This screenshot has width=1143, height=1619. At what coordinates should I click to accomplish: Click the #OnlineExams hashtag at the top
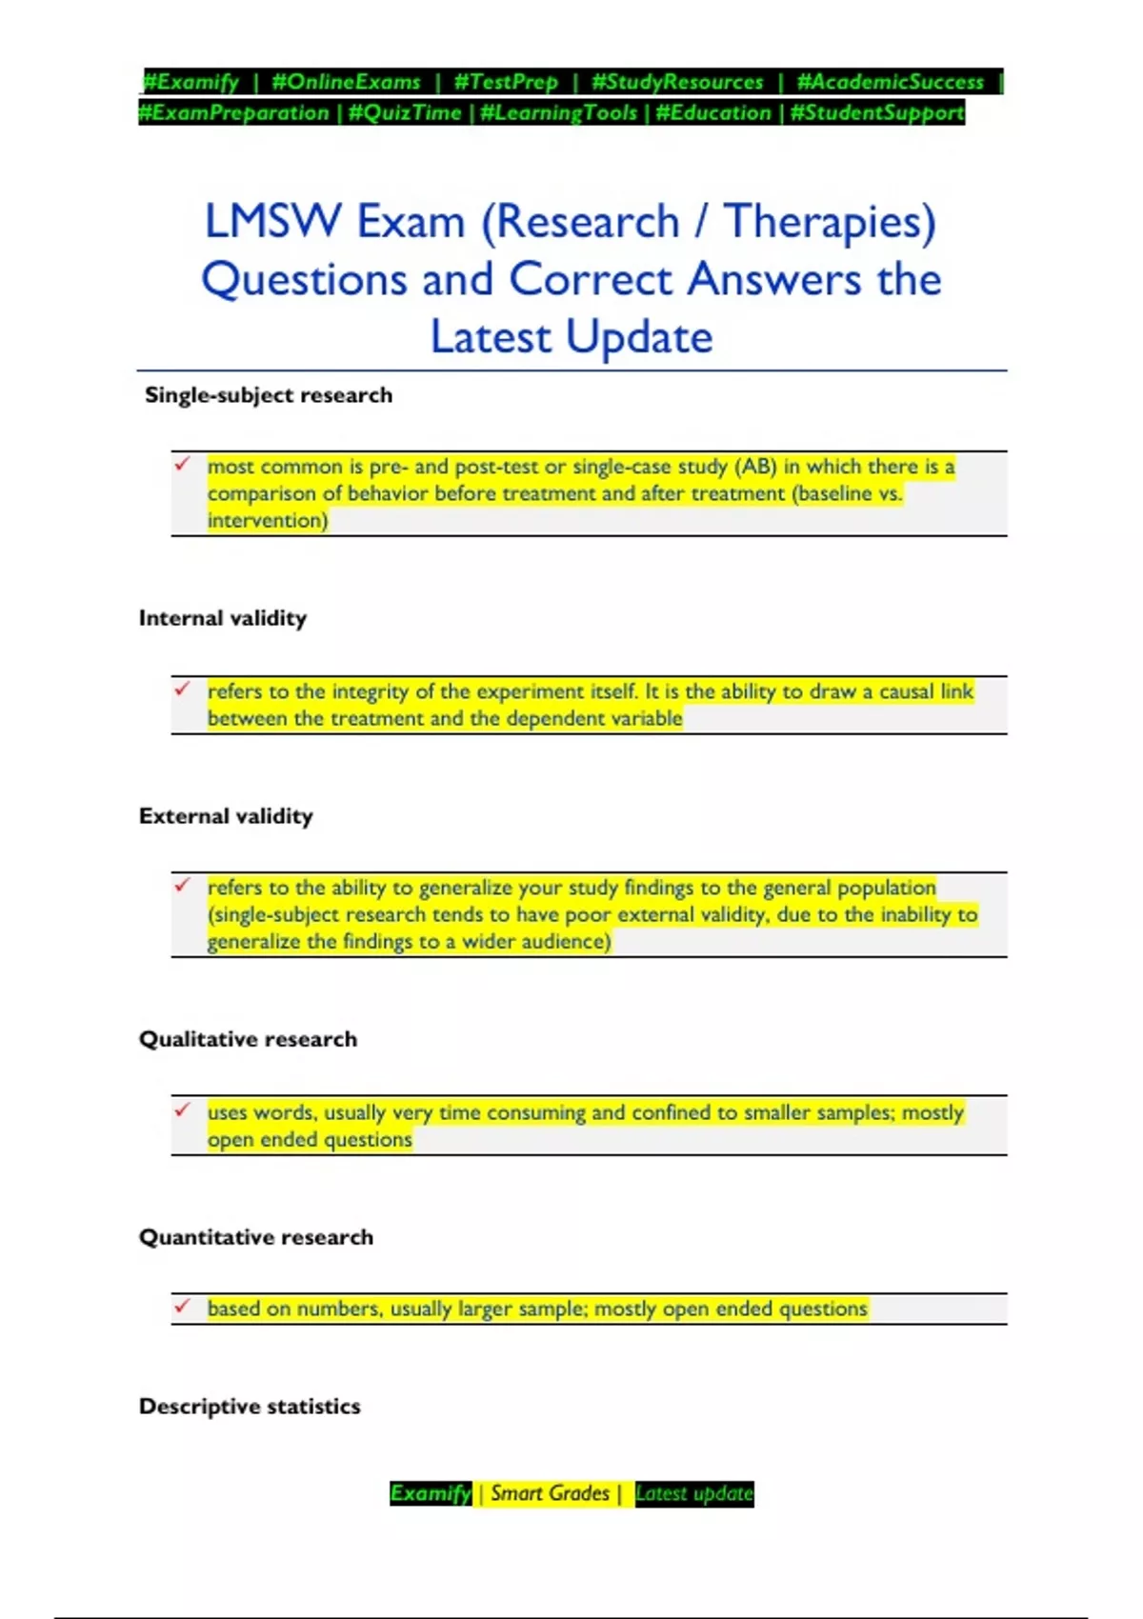point(346,82)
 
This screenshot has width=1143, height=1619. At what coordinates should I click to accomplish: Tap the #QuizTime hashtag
point(405,112)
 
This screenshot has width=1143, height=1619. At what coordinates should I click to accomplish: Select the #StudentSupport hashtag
point(877,112)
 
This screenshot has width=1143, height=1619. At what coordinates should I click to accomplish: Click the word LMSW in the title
point(272,222)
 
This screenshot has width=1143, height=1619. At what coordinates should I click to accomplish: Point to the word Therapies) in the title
point(830,222)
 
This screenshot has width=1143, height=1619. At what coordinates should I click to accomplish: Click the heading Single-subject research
point(269,395)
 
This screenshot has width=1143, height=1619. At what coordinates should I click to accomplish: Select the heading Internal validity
point(223,618)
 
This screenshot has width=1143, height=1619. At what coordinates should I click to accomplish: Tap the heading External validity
point(226,816)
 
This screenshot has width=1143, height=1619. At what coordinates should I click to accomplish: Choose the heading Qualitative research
point(248,1039)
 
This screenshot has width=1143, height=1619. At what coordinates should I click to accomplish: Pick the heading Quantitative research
point(256,1237)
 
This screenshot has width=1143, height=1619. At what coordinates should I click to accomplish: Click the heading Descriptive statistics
point(250,1407)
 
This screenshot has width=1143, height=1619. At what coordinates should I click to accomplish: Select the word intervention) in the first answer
point(268,520)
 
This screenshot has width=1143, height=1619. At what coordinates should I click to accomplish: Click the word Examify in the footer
point(431,1493)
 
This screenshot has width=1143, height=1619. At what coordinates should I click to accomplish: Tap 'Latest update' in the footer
point(694,1493)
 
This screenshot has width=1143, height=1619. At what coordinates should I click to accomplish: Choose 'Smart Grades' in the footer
point(550,1493)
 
